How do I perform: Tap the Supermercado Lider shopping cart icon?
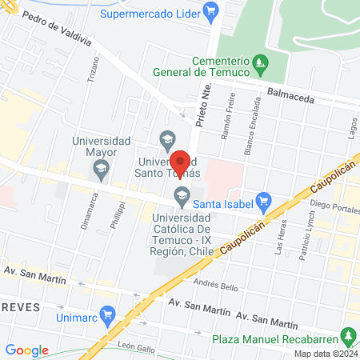point(210,11)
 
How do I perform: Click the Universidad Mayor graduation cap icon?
point(101,168)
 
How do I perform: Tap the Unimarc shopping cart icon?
point(110,315)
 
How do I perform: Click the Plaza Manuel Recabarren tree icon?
point(347,334)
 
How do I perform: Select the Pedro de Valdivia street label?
point(57,37)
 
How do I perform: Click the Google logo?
point(26,350)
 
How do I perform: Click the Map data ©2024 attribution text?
point(325,353)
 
